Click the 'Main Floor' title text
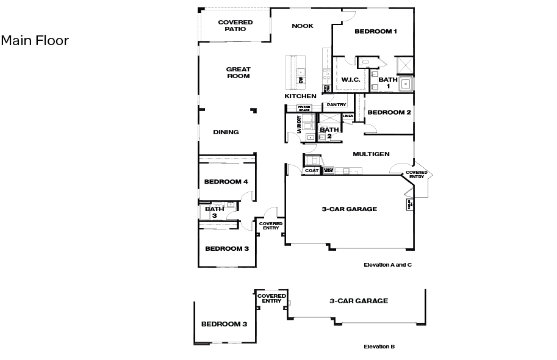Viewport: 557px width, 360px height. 35,41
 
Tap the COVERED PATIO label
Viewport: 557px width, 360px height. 235,26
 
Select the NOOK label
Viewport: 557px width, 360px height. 302,26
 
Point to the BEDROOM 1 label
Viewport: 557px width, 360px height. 376,31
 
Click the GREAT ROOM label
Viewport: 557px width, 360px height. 238,73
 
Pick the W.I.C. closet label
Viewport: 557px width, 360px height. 350,80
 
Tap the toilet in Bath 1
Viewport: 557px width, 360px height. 366,62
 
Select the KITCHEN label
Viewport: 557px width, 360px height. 300,96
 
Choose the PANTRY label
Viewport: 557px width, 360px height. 336,104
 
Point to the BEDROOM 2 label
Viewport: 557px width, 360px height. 389,112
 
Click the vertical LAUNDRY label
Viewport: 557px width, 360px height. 299,124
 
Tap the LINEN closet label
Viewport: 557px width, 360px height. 348,115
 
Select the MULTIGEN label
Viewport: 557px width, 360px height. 371,154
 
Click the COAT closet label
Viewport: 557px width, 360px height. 312,171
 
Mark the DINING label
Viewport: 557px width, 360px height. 226,132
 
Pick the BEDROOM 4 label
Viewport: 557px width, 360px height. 226,182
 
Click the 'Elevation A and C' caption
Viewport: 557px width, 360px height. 387,265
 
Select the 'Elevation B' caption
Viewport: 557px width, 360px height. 379,347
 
